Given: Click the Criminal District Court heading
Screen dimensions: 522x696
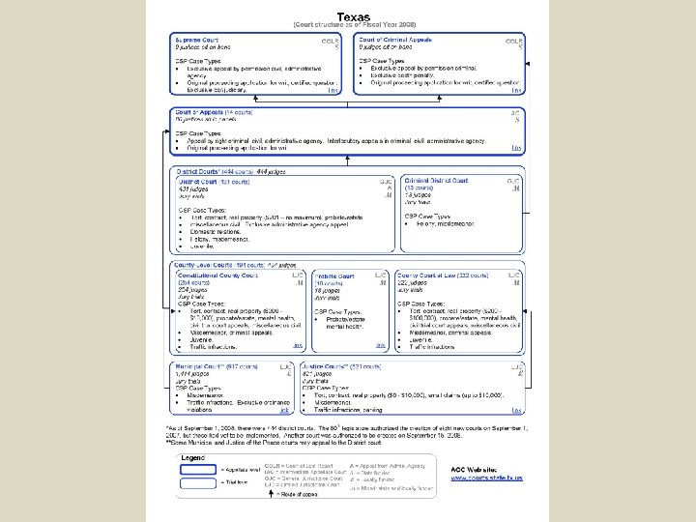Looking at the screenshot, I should pos(436,181).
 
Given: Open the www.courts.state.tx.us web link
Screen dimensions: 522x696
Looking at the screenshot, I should pos(486,478).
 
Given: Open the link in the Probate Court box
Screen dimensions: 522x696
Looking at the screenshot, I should pos(381,344).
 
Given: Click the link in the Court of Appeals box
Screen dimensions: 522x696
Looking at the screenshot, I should pos(516,148).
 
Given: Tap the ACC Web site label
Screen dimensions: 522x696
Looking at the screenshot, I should pos(473,468).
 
